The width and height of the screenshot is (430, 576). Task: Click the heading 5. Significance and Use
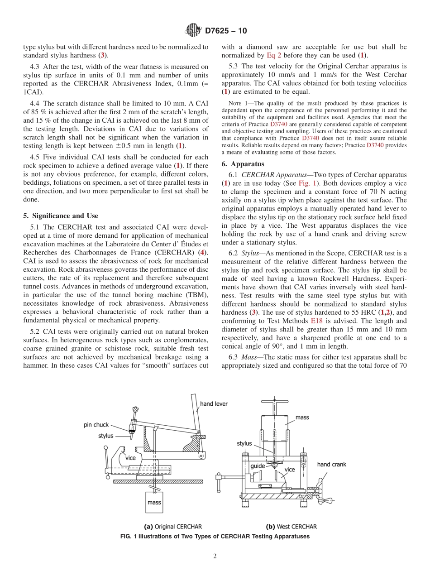point(60,216)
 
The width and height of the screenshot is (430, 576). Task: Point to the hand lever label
point(214,403)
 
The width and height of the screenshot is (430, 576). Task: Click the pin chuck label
point(96,425)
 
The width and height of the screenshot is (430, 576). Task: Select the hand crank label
point(331,464)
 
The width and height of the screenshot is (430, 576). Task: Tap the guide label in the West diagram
point(258,466)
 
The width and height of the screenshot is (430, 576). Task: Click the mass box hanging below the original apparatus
point(154,503)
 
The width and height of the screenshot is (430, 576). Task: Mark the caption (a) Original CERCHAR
point(173,527)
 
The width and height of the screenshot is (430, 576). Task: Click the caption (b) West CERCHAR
point(291,527)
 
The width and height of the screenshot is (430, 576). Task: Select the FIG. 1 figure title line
point(215,536)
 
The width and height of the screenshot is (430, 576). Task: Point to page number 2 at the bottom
point(215,557)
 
